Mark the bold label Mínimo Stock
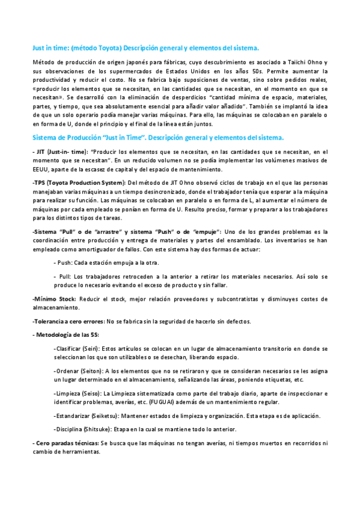[x=54, y=298]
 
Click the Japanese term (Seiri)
[x=90, y=349]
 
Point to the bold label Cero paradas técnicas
[x=67, y=443]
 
